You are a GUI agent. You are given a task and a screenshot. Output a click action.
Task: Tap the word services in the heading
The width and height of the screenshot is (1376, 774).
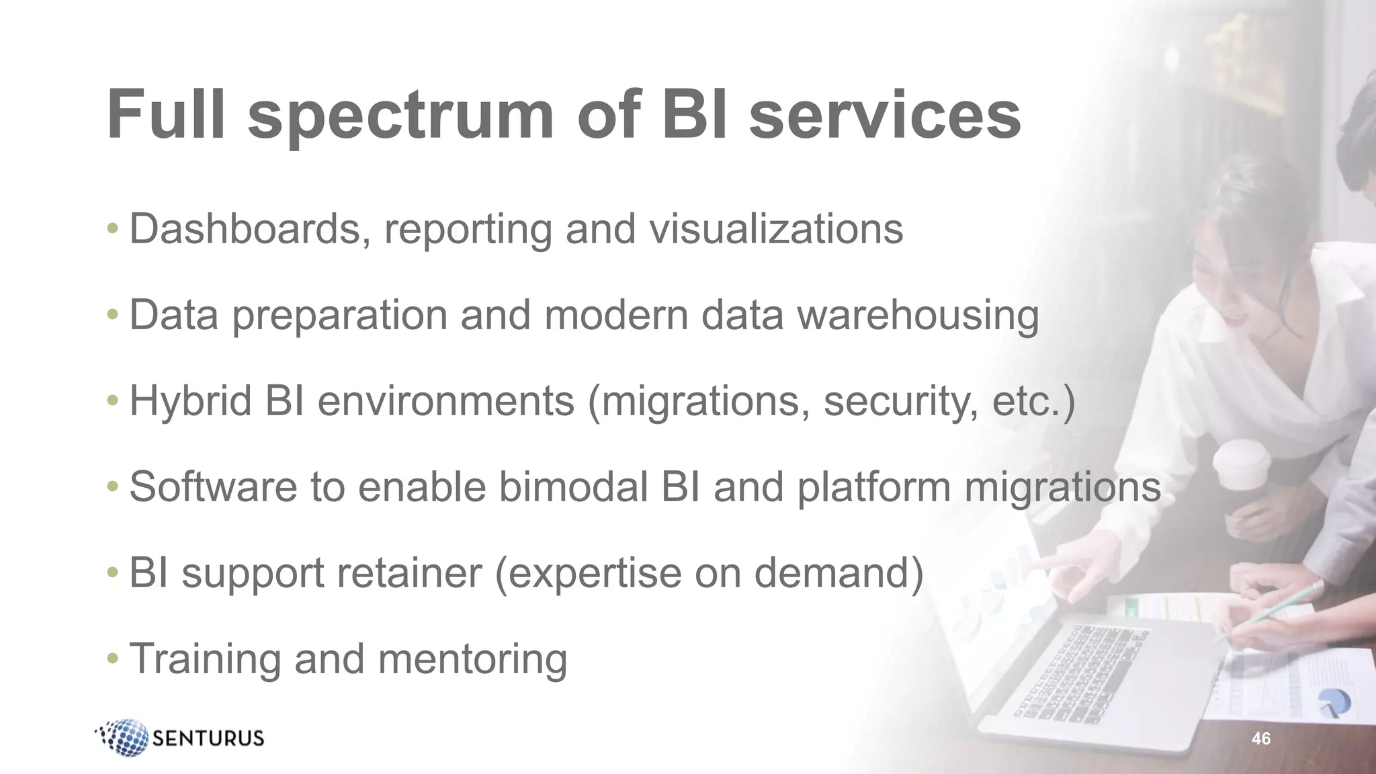885,116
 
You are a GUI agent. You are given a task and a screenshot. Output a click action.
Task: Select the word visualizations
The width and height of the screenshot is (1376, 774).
775,229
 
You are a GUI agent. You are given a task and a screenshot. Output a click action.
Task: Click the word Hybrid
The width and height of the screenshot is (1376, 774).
190,401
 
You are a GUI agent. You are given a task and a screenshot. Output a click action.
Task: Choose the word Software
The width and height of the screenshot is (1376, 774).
213,486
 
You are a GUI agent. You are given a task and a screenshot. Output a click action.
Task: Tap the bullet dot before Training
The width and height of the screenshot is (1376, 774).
113,658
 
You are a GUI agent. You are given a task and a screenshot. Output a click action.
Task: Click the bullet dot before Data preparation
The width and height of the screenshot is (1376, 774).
113,314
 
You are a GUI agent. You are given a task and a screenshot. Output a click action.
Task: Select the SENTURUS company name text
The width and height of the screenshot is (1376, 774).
208,738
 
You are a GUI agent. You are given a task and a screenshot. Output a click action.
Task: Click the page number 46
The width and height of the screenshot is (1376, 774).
1261,739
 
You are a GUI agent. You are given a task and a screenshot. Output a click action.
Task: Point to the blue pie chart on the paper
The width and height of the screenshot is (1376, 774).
1334,703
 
